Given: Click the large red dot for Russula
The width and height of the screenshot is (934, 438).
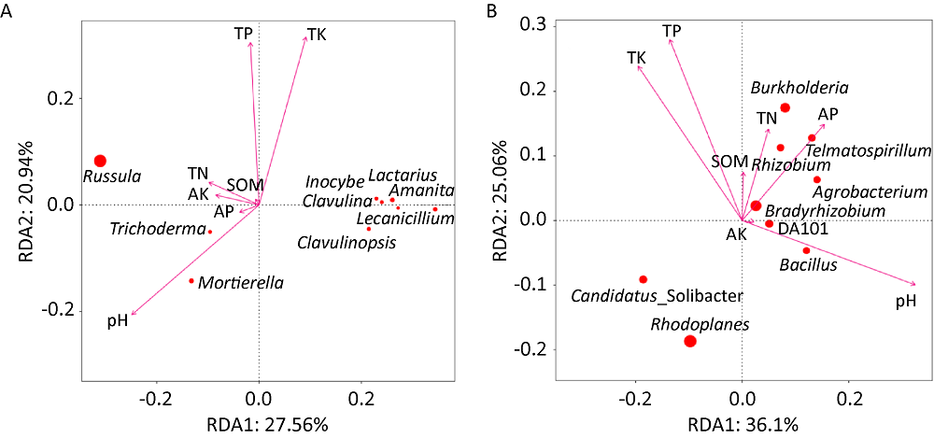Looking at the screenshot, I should pos(100,161).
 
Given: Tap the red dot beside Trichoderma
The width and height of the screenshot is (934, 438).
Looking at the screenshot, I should pos(210,232).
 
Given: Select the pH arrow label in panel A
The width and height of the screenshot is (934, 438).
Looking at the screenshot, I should pos(117,321).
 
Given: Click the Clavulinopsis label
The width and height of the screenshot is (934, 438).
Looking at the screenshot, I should pos(347,243).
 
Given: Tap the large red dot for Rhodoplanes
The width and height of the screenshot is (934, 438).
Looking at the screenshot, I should pos(690,341).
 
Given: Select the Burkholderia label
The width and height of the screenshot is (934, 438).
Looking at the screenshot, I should pos(800,88).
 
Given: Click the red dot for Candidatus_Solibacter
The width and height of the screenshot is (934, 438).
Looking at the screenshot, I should pos(643,279).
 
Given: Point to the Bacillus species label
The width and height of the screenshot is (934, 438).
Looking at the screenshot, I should pos(808,265).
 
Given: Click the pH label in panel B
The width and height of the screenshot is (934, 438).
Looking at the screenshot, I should pos(905,301).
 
